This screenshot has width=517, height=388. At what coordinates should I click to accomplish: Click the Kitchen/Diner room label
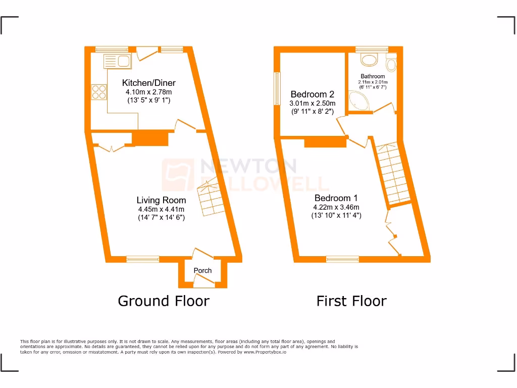click(149, 83)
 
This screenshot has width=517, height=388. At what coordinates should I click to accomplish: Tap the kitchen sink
click(117, 62)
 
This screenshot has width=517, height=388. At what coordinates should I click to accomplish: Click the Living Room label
click(161, 200)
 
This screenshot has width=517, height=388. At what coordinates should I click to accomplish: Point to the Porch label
click(202, 271)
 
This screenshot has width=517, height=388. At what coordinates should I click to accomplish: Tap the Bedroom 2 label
click(312, 94)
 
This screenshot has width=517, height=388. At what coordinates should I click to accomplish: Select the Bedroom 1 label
click(336, 198)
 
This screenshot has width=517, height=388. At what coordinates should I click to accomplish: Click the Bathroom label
click(373, 76)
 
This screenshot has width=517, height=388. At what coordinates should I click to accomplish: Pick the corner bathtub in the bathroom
click(359, 103)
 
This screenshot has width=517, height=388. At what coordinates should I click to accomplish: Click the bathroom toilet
click(390, 65)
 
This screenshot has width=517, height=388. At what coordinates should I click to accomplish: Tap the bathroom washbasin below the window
click(370, 60)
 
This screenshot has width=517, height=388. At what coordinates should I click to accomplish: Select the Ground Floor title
click(164, 301)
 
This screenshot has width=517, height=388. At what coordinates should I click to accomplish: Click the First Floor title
click(351, 301)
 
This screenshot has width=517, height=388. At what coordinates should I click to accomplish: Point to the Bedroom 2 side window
click(277, 88)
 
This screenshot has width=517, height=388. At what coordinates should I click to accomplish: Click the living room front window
click(142, 259)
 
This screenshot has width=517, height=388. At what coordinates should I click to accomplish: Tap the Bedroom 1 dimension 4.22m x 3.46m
click(336, 207)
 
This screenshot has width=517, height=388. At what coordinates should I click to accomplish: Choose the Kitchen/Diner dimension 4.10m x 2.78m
click(149, 92)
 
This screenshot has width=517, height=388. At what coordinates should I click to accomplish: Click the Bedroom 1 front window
click(342, 259)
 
